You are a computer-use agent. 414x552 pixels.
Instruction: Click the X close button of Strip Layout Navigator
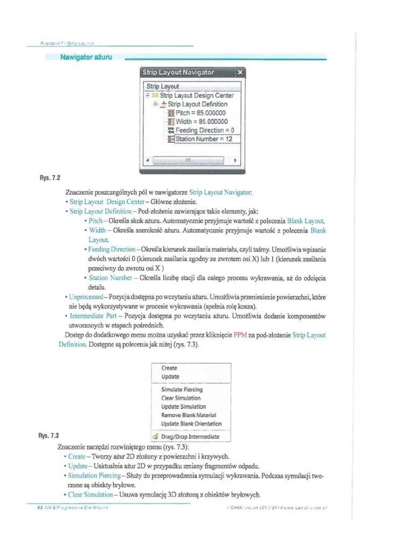[x=240, y=72]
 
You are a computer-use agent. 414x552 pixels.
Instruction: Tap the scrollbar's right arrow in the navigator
[x=235, y=160]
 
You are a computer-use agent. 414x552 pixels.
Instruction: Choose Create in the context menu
[x=169, y=368]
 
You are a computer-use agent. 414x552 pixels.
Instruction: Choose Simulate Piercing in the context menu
[x=182, y=389]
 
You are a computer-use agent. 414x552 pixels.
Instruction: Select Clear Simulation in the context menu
[x=181, y=398]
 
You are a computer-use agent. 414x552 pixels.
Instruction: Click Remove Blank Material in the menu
[x=188, y=415]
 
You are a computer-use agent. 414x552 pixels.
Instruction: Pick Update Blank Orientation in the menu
[x=191, y=424]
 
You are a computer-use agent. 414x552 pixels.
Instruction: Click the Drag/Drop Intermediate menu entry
[x=190, y=436]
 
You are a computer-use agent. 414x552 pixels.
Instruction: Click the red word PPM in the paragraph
[x=240, y=335]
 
